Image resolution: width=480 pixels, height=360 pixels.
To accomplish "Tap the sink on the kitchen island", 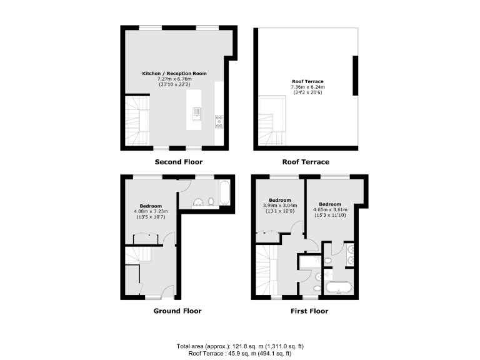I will click(197, 113).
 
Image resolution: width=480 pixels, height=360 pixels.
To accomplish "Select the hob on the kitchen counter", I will click(219, 121).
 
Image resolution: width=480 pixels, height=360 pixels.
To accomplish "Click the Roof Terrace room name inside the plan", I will click(306, 81).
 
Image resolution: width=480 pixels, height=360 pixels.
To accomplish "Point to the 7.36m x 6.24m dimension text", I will click(306, 87).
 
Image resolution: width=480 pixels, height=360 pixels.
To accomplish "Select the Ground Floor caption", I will click(177, 311).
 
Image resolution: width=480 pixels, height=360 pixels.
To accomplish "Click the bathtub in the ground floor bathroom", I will click(225, 192).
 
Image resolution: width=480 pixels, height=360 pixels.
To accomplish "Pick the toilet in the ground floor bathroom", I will click(211, 201).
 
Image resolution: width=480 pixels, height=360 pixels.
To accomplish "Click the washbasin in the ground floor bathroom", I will click(197, 201).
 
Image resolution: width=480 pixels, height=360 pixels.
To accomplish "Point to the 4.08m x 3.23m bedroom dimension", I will click(151, 212).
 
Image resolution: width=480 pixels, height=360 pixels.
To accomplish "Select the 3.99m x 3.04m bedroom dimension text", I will click(280, 206).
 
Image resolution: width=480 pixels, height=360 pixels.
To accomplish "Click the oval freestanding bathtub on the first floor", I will click(341, 287).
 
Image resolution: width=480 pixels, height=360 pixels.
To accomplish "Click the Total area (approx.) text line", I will click(240, 346).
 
